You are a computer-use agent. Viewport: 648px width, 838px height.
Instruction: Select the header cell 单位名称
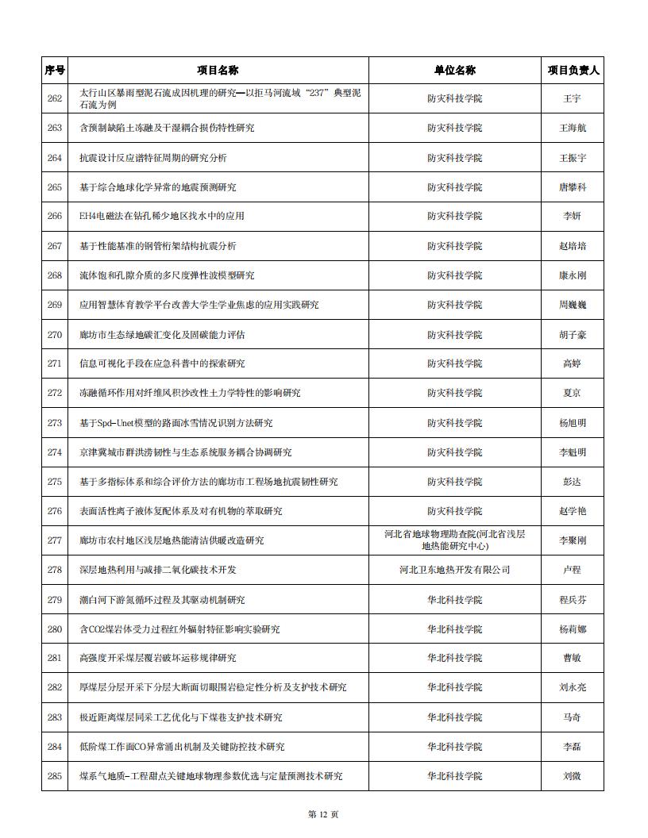pos(454,70)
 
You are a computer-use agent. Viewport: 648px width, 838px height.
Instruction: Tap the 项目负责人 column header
pos(573,70)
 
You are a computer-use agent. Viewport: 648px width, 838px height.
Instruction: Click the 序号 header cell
pos(54,70)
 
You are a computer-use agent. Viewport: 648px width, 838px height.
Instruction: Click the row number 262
pos(54,98)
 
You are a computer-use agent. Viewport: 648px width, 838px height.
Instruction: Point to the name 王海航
pos(573,128)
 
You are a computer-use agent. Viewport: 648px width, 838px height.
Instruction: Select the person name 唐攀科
pos(573,187)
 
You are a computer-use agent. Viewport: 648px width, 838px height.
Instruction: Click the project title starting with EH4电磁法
pos(162,216)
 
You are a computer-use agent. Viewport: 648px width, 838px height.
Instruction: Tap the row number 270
pos(54,334)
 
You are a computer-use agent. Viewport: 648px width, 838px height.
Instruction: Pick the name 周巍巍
pos(573,305)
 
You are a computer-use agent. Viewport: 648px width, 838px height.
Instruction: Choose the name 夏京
pos(573,393)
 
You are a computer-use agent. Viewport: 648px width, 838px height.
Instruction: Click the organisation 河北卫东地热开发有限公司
pos(454,570)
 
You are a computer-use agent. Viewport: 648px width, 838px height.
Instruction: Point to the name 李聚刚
pos(573,540)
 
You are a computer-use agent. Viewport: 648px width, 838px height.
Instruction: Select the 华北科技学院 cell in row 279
pos(454,599)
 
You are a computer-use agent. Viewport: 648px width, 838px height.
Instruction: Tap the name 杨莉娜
pos(573,629)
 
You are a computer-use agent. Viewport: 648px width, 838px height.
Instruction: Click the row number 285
pos(54,776)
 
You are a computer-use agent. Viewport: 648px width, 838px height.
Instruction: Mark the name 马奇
pos(573,717)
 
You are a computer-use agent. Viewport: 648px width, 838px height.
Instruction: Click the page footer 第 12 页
pos(323,814)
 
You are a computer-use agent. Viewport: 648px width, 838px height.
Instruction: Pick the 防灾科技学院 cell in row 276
pos(454,511)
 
